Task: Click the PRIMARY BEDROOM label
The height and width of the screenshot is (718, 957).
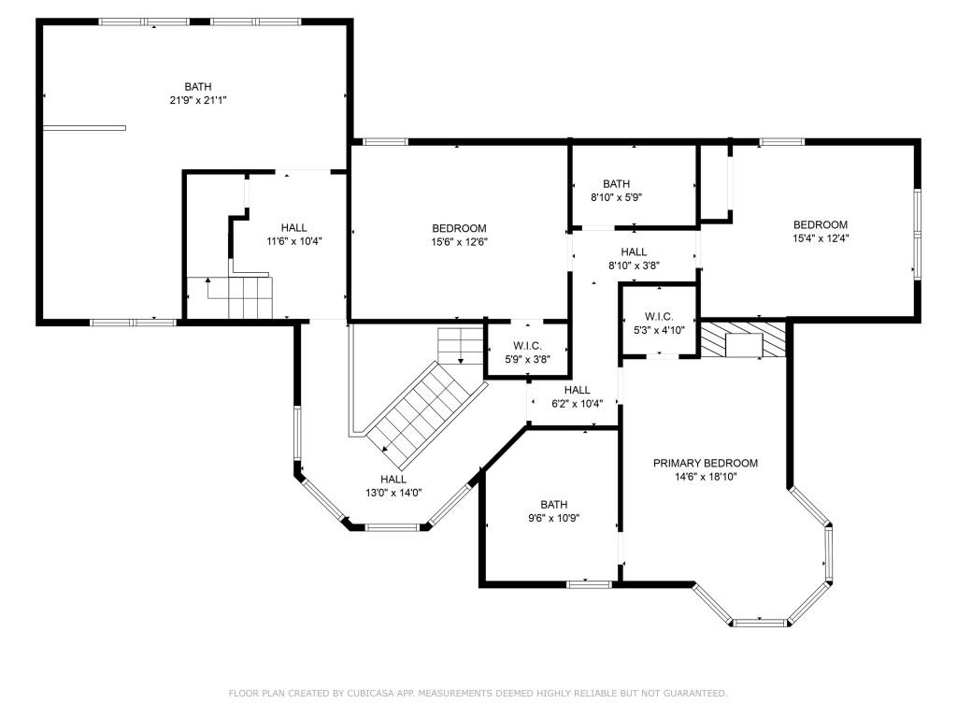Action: tap(706, 464)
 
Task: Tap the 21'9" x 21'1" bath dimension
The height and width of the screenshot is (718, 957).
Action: tap(198, 100)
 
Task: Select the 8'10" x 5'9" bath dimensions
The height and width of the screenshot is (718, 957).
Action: tap(617, 197)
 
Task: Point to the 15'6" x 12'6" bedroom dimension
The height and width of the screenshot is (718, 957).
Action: tap(459, 242)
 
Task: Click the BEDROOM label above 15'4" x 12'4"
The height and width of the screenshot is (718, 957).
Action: tap(821, 224)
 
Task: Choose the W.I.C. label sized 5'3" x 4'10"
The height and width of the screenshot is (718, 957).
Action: tap(659, 317)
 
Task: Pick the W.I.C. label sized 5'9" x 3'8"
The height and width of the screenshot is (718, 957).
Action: tap(527, 346)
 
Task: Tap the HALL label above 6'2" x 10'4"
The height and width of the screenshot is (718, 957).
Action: tap(578, 390)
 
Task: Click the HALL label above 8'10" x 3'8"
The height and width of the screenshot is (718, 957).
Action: tap(635, 251)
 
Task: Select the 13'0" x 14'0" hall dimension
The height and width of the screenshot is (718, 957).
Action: tap(393, 493)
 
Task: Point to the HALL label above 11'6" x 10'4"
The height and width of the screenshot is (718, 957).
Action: tap(294, 228)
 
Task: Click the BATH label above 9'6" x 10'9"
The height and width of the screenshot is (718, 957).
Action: tap(554, 504)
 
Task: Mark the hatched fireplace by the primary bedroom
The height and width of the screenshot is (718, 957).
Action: tap(743, 340)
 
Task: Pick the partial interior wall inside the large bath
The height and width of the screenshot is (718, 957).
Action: tap(84, 128)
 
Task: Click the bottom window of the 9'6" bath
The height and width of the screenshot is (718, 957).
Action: tap(589, 585)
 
